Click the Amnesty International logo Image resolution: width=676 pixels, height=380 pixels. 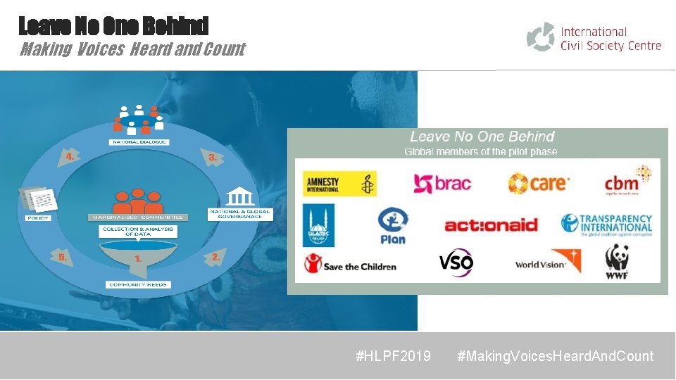pos(341,184)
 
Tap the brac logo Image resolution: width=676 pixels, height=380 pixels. pos(442,184)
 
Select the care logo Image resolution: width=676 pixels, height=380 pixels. pos(539,184)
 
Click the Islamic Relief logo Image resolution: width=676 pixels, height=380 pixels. pos(318,225)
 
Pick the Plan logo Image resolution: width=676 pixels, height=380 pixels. pos(392,225)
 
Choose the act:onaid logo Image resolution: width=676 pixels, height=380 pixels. pos(491,225)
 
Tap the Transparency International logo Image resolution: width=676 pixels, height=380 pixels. pos(607,225)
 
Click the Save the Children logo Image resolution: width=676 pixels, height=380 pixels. pos(350,265)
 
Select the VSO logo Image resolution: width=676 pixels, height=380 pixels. pos(456,263)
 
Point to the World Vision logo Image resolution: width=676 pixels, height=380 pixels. pos(548,262)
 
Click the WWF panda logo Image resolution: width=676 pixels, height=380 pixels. pos(617,261)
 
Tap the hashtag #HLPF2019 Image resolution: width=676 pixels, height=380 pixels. pos(394,356)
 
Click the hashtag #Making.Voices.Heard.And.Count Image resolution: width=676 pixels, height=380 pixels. pos(555,356)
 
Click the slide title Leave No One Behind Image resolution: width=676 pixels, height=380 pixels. pos(113,26)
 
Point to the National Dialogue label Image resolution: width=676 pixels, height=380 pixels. pos(139,142)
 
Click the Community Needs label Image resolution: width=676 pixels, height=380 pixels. pos(139,285)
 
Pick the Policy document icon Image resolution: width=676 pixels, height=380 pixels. pos(39,200)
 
